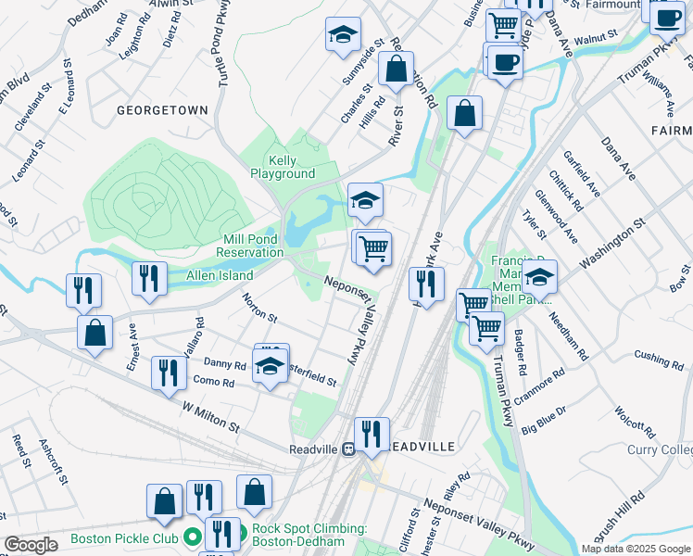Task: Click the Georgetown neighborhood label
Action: tap(162, 109)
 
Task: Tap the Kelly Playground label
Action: tap(283, 167)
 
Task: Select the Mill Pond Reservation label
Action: tap(250, 246)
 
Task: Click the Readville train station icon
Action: tap(348, 448)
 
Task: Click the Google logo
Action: tap(31, 545)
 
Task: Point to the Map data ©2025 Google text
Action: tap(635, 549)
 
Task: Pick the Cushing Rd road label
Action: tap(659, 357)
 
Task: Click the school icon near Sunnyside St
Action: tap(343, 37)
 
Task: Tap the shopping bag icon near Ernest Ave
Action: tap(94, 334)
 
